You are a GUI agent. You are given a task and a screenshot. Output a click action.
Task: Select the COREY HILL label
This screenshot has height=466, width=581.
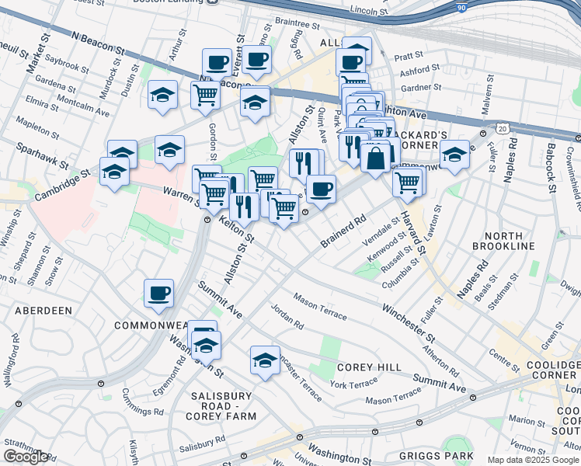(x=369, y=367)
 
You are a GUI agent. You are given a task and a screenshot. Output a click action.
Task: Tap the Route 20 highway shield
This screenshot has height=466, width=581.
(x=503, y=127)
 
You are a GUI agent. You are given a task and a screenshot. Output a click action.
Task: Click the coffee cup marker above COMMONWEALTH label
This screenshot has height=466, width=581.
(x=158, y=293)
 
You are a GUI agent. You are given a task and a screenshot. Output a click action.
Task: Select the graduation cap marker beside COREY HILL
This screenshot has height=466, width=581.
(x=265, y=360)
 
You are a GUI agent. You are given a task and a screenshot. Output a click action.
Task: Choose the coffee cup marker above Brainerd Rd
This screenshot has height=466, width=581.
(x=320, y=188)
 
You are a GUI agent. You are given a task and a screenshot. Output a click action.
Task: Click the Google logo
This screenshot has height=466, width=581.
(x=26, y=457)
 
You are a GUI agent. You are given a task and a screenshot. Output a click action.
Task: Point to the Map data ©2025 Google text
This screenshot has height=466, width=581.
(x=532, y=460)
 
